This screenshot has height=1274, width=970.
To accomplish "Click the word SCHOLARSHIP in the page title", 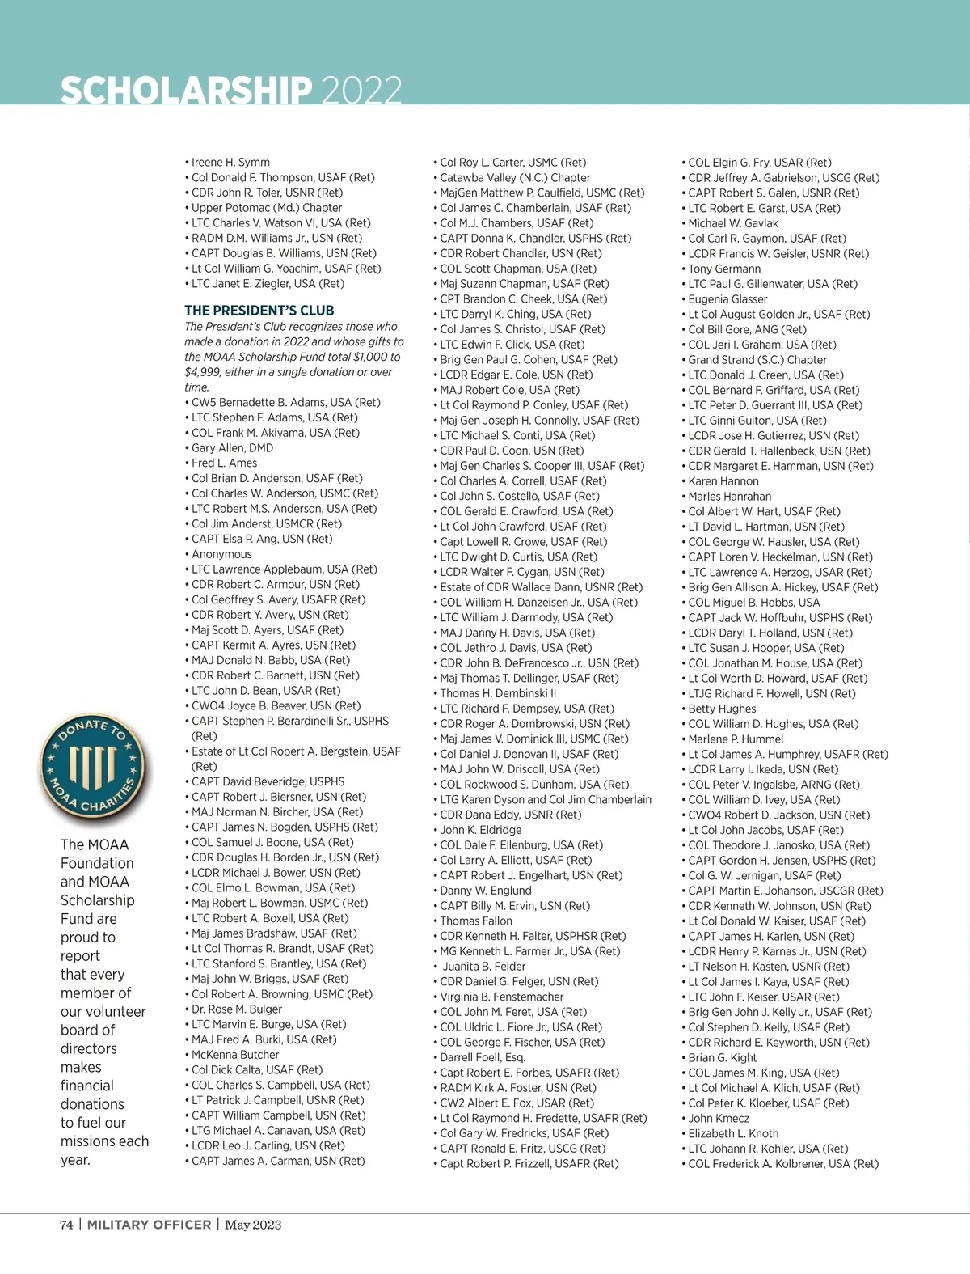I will pos(186,91).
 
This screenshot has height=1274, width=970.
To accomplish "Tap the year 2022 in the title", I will pos(361,91).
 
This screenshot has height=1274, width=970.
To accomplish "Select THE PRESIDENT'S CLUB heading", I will pos(259,311).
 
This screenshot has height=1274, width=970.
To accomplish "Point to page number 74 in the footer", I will pos(66,1225).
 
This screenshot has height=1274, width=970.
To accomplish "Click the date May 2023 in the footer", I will pos(253,1225).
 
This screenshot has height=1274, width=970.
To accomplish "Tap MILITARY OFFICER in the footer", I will pos(149,1225).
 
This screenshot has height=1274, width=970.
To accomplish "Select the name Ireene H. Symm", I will pos(230,163).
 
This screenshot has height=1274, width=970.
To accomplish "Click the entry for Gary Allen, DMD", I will pos(232,448).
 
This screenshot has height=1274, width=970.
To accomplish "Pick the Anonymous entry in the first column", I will pos(221,554).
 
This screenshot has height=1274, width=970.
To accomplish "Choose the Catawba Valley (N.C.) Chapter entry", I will pos(515,178).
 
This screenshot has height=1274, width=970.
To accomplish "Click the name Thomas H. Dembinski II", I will pos(498,693).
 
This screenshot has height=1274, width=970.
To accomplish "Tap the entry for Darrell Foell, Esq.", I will pos(483,1057).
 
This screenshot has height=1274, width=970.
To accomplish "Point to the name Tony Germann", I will pos(724,269).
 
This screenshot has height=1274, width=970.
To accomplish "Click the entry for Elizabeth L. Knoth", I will pos(733,1133).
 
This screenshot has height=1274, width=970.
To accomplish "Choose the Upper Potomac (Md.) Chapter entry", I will pos(267,208).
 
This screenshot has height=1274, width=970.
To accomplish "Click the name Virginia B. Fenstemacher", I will pos(502,997).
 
